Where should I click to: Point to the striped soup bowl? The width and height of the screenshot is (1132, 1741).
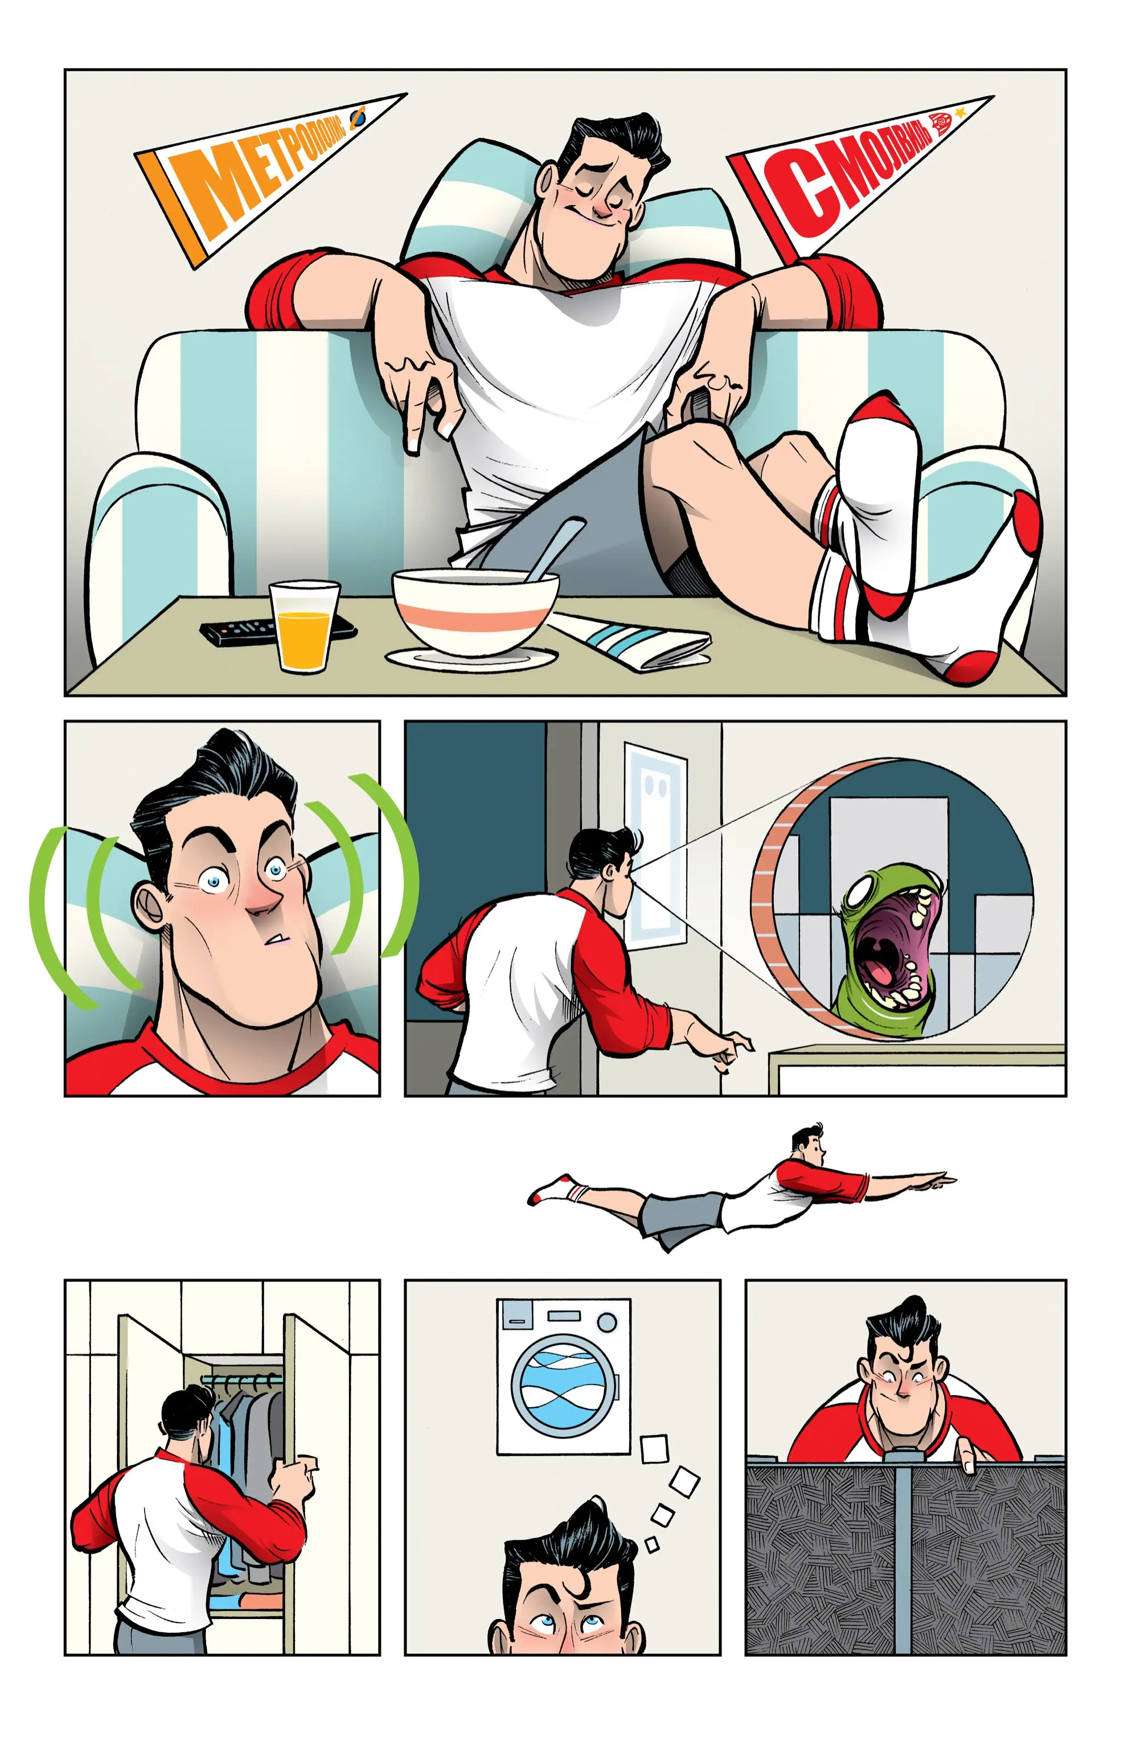pyautogui.click(x=475, y=613)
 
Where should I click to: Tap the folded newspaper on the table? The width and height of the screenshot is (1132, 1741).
pyautogui.click(x=629, y=641)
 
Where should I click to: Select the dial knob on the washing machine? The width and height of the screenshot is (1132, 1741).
pyautogui.click(x=606, y=1322)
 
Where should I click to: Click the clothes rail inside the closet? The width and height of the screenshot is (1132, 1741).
pyautogui.click(x=241, y=1379)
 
